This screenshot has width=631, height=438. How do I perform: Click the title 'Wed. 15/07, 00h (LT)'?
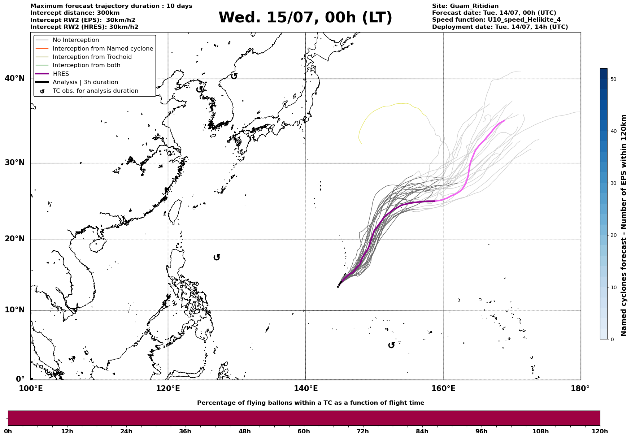[x=305, y=18]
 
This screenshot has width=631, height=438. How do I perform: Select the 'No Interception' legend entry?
[x=76, y=40]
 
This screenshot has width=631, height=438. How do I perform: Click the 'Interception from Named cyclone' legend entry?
[x=103, y=48]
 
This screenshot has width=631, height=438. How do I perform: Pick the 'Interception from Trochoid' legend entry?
[x=92, y=57]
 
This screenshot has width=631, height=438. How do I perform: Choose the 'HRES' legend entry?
[x=61, y=74]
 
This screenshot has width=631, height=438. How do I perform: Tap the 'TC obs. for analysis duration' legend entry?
[x=95, y=91]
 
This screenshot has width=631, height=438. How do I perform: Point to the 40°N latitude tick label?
[x=15, y=78]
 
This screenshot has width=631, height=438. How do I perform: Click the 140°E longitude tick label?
[x=305, y=389]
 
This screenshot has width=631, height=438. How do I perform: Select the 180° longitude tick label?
[x=580, y=389]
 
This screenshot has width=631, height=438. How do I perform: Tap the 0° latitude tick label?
[x=20, y=379]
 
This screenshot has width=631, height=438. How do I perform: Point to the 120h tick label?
[x=600, y=431]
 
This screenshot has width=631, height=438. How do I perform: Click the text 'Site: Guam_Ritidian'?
[x=465, y=6]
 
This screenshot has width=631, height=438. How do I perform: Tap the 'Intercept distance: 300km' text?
[x=75, y=13]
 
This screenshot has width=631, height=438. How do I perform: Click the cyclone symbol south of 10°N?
[x=391, y=345]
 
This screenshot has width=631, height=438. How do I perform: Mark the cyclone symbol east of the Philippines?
[x=217, y=257]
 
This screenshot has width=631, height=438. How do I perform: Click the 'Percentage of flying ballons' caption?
[x=310, y=403]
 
